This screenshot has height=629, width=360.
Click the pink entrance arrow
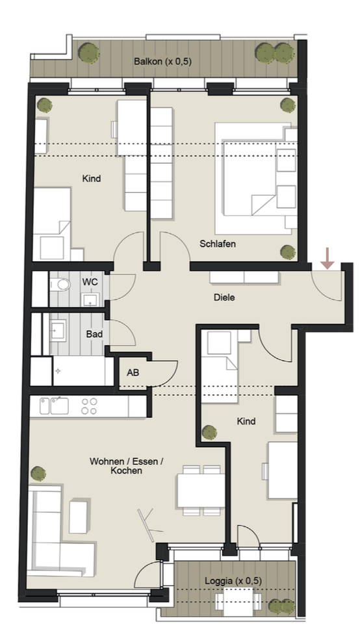(328, 259)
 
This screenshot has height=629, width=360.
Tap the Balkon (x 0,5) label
(162, 61)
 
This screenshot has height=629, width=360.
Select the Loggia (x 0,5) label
(233, 580)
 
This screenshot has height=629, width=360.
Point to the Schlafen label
(218, 244)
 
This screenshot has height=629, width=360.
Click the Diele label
(224, 297)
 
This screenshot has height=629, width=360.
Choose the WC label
(90, 282)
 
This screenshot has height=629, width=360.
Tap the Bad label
(94, 334)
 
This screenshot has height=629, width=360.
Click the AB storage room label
(133, 373)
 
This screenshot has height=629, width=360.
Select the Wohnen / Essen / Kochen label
(127, 466)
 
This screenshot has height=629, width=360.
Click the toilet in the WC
(59, 285)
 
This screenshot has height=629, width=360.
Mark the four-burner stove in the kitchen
(88, 406)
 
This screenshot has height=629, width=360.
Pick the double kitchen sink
(54, 406)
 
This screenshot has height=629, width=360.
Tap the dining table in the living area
(201, 490)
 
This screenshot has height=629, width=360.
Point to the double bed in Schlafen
(255, 178)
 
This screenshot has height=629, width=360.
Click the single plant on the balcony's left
(88, 52)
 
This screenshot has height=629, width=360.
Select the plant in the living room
(38, 474)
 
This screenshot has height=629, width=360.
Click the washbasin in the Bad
(58, 330)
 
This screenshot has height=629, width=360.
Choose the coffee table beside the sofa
(78, 517)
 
